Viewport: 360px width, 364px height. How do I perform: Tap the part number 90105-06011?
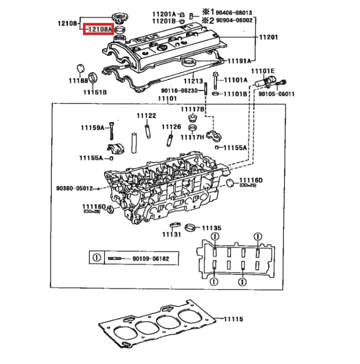click(x=276, y=93)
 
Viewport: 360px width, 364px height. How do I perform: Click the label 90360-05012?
click(x=74, y=188)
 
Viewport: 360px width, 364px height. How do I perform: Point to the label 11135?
click(x=212, y=228)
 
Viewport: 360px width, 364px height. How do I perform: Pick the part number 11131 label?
click(x=171, y=234)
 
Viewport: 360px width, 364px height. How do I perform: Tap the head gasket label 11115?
click(x=232, y=319)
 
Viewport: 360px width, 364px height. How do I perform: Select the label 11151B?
click(x=94, y=92)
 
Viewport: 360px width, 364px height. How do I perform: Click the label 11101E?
click(x=263, y=71)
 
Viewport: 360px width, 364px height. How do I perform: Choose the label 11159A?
click(x=92, y=128)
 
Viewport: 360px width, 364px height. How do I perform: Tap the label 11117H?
click(x=192, y=137)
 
